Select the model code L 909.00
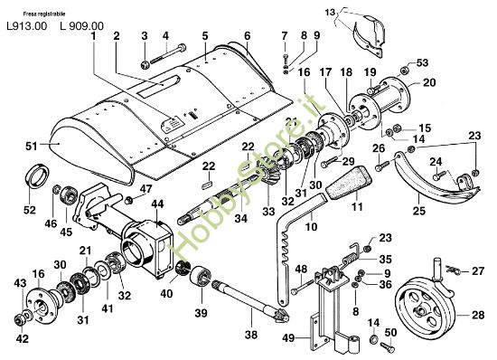point(81,25)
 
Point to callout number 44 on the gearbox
point(157,204)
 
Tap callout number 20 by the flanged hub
point(427,82)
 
